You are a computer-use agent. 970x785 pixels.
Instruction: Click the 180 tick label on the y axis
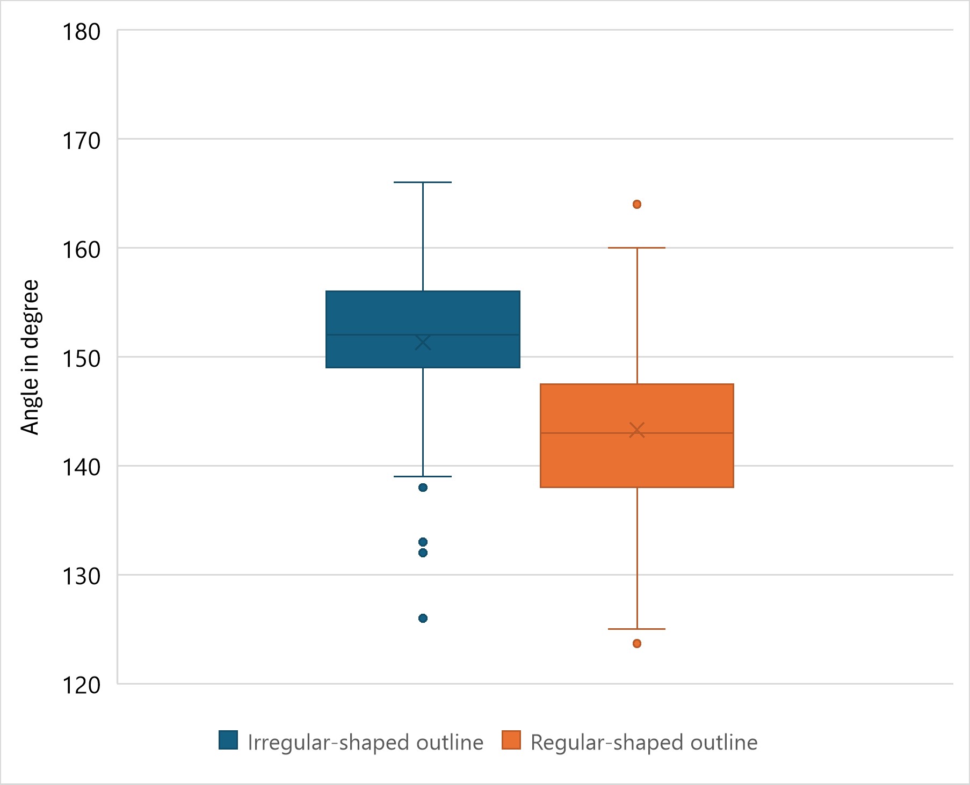click(82, 32)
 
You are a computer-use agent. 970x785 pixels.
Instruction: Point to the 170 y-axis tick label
click(82, 141)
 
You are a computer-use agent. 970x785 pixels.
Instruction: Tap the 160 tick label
click(82, 250)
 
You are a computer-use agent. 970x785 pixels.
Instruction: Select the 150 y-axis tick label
click(82, 359)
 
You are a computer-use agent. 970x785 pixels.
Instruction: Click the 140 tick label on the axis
click(82, 467)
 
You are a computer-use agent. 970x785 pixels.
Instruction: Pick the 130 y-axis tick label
click(82, 577)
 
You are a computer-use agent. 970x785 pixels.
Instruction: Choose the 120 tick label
click(82, 686)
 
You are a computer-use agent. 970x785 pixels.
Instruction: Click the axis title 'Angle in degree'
click(30, 357)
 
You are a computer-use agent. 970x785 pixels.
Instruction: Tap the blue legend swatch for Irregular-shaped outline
click(228, 740)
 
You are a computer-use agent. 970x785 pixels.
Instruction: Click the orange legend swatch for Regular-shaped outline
click(511, 740)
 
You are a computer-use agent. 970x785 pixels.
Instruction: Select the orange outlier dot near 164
click(637, 204)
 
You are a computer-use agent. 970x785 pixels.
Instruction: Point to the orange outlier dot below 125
click(637, 643)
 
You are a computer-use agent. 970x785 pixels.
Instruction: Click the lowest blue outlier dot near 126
click(423, 618)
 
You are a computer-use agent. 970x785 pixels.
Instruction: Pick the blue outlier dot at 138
click(423, 488)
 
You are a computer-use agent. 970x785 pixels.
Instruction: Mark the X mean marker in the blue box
click(423, 342)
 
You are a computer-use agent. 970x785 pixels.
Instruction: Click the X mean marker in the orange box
click(637, 430)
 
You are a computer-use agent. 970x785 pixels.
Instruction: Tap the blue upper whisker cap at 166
click(423, 183)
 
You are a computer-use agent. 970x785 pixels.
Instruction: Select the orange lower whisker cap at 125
click(637, 629)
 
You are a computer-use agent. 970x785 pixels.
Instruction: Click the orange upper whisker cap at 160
click(637, 248)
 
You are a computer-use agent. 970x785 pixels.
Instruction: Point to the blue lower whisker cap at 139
click(423, 476)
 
